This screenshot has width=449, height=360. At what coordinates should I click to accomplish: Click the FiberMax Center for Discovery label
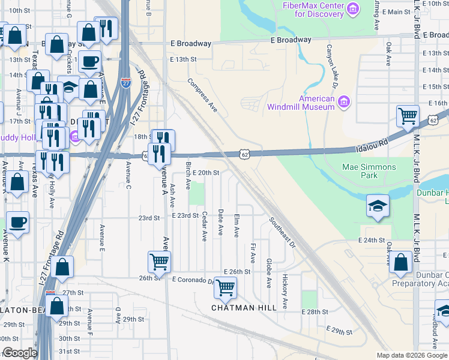pos(313,10)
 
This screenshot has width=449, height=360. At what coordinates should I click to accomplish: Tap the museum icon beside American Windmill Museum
pos(343,104)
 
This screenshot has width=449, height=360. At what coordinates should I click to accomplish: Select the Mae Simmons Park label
pos(369,171)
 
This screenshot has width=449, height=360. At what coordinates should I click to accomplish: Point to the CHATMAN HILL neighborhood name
pos(244,307)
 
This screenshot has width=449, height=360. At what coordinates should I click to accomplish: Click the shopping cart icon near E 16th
pos(408,115)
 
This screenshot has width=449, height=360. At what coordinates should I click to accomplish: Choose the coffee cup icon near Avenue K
pos(17,222)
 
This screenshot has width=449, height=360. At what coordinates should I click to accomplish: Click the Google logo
pos(20,353)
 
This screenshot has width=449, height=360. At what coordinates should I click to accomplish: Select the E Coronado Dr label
pos(193,280)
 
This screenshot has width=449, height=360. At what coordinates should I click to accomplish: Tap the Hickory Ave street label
pos(285,292)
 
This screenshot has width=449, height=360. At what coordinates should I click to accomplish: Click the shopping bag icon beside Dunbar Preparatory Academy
pos(401,262)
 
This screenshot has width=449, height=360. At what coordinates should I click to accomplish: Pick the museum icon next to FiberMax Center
pos(352,9)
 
